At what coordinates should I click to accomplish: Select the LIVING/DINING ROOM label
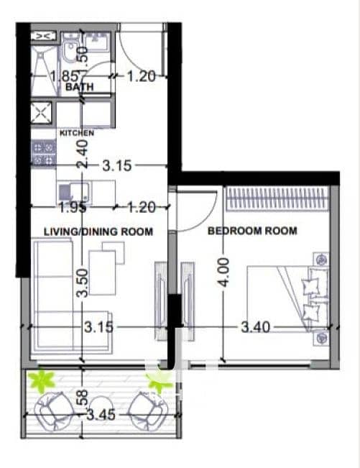(x=98, y=231)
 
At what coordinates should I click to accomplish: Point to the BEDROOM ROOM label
(x=252, y=231)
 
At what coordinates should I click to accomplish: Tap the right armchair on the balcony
(x=148, y=412)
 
